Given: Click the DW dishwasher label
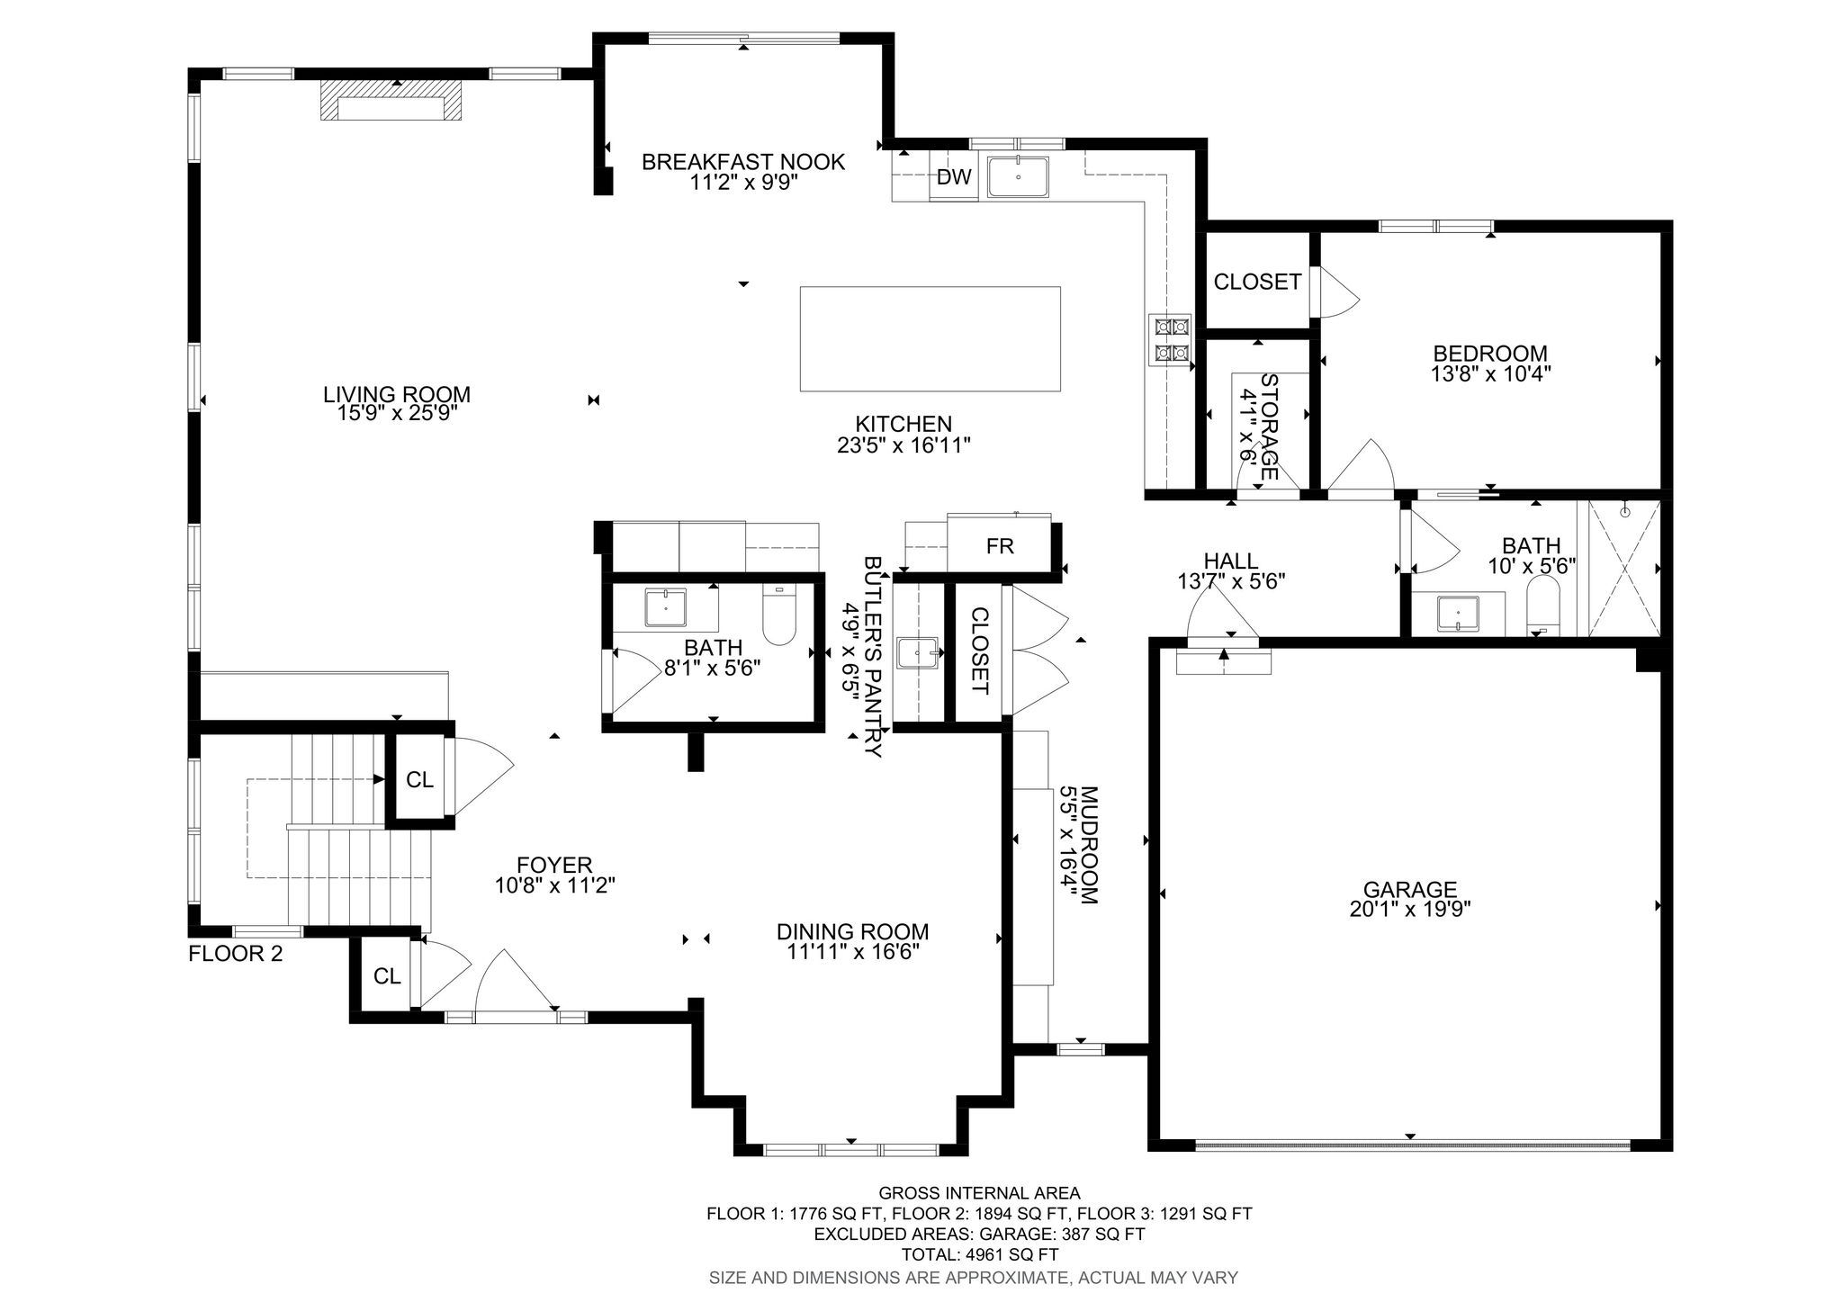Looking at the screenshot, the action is tap(954, 177).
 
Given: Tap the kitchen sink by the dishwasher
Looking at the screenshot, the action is tap(1018, 176).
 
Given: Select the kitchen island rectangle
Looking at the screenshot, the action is tap(930, 338).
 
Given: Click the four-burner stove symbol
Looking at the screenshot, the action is tap(1169, 341).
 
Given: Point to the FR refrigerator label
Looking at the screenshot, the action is tap(1000, 546).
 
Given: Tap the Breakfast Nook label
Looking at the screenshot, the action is tap(743, 162).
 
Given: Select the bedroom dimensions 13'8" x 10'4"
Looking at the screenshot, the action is tap(1491, 373).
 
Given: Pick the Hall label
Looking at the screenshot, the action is tap(1230, 562).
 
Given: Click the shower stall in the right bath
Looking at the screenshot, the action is tap(1623, 569).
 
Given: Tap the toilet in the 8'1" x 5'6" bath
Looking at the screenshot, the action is tap(779, 615).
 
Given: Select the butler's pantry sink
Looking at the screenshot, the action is tap(918, 652).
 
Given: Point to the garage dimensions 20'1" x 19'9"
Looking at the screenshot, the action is tap(1410, 910).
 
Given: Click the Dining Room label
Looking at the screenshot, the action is tap(852, 931).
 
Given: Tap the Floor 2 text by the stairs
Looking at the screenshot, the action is tap(236, 954).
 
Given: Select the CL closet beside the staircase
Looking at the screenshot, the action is tap(419, 780).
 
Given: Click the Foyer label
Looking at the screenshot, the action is tap(554, 865).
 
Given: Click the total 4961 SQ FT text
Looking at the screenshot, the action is tap(979, 1254).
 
